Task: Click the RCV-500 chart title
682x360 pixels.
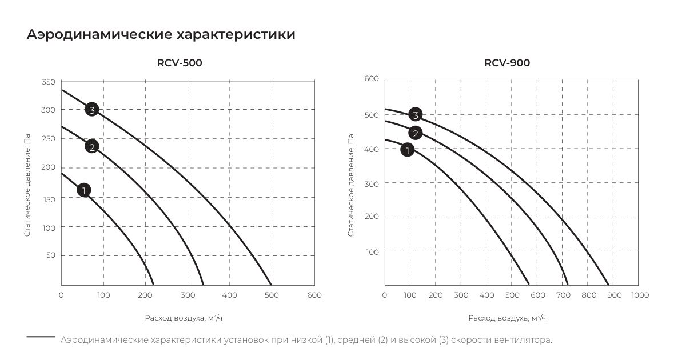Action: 180,63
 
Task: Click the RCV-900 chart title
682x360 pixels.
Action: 506,63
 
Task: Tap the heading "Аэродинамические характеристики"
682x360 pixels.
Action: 161,34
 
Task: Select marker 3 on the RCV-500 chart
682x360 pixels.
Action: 92,109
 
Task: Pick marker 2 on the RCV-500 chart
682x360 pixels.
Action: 91,146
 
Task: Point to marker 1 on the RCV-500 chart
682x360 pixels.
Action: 83,190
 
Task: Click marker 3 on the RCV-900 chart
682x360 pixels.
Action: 416,115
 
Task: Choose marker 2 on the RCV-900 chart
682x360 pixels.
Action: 415,134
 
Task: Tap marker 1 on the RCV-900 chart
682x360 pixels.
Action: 407,150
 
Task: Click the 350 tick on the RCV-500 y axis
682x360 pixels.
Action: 49,82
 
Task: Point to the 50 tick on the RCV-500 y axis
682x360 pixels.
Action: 51,255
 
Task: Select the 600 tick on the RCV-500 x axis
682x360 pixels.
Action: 314,295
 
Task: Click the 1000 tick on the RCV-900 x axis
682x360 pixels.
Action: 639,295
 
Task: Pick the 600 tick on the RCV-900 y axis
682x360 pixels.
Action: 372,78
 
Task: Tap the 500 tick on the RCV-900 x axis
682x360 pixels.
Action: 512,295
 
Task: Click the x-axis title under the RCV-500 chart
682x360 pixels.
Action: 188,318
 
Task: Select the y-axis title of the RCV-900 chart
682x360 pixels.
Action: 351,185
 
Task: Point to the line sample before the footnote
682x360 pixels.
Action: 41,337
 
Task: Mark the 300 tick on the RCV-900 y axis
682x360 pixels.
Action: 373,183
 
